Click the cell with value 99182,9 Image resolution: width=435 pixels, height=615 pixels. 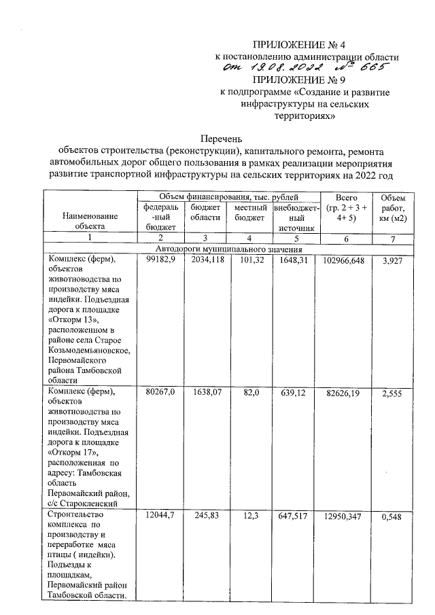pyautogui.click(x=160, y=261)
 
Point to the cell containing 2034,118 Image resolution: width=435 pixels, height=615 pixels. pyautogui.click(x=206, y=261)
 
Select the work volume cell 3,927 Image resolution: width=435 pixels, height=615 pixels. pyautogui.click(x=393, y=261)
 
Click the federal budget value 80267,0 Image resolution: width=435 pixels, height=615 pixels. pyautogui.click(x=160, y=392)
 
